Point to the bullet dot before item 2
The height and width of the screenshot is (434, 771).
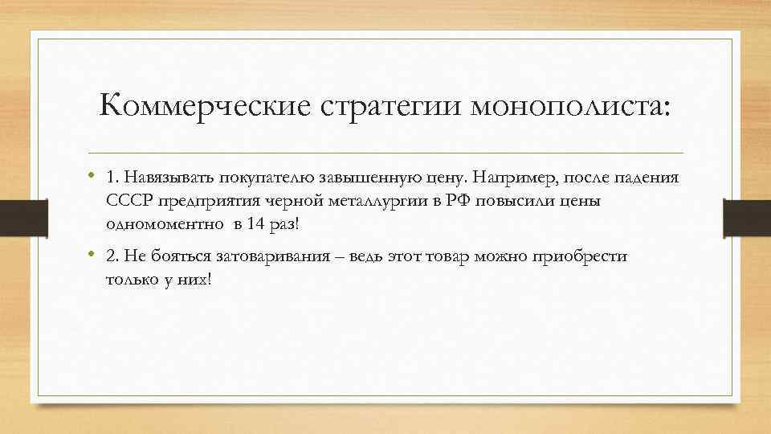click(x=93, y=256)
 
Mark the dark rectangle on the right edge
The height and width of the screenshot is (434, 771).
click(x=747, y=217)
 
